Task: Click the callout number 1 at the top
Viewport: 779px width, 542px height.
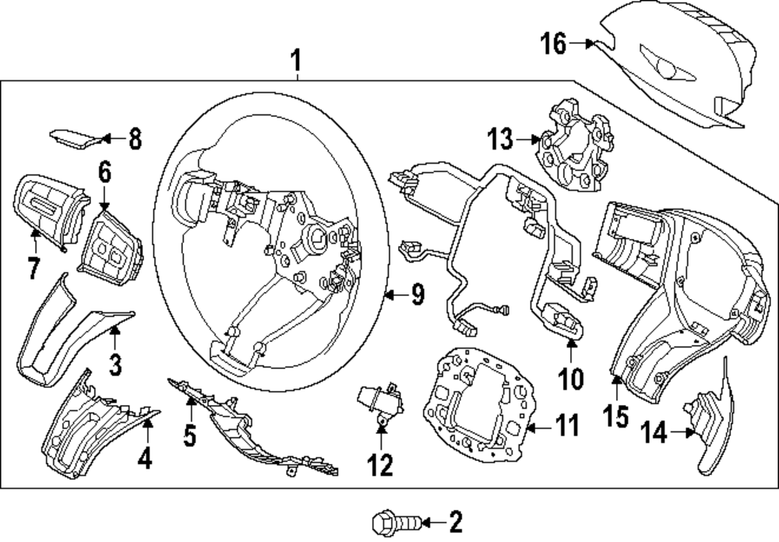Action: pyautogui.click(x=294, y=58)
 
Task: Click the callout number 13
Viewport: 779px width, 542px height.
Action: pyautogui.click(x=500, y=141)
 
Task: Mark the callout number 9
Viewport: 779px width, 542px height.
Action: pyautogui.click(x=417, y=294)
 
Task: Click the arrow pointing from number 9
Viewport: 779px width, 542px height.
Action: pyautogui.click(x=395, y=294)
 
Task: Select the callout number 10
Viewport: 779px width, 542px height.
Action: pyautogui.click(x=570, y=378)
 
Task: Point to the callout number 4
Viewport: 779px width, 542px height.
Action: pyautogui.click(x=144, y=459)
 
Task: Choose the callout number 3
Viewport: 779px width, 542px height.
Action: pyautogui.click(x=115, y=364)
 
